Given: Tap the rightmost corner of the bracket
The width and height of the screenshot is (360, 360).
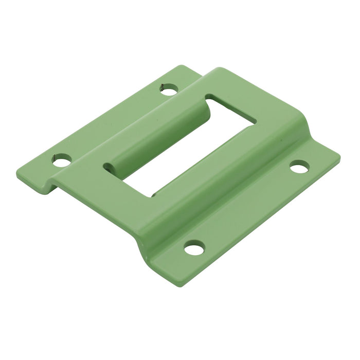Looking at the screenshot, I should click(x=340, y=154).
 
